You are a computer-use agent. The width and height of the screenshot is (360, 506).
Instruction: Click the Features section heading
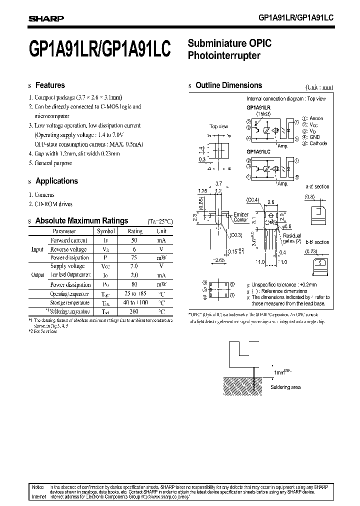click(50, 85)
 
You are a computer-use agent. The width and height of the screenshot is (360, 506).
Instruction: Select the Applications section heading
click(56, 181)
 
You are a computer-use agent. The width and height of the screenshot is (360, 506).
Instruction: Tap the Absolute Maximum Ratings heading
click(81, 220)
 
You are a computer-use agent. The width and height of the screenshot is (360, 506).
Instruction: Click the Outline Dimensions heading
click(228, 85)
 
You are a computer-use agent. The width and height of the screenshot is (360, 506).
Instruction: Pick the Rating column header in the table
click(134, 231)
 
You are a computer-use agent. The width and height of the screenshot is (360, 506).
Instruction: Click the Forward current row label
click(68, 240)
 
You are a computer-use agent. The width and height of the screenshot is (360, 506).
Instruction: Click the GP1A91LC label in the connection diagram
click(258, 151)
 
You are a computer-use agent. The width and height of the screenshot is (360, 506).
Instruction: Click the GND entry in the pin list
click(315, 136)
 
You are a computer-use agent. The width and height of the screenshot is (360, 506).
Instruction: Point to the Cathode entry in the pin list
click(318, 143)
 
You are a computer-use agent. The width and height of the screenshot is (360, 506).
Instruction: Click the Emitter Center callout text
click(241, 217)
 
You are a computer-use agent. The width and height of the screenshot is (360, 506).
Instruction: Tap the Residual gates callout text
click(292, 238)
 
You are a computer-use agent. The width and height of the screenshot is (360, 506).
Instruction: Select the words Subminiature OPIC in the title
click(229, 44)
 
